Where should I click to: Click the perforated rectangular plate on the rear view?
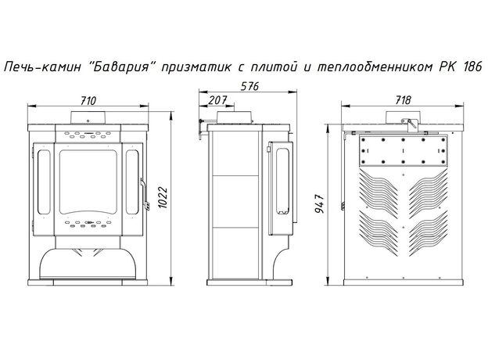(x=400, y=153)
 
